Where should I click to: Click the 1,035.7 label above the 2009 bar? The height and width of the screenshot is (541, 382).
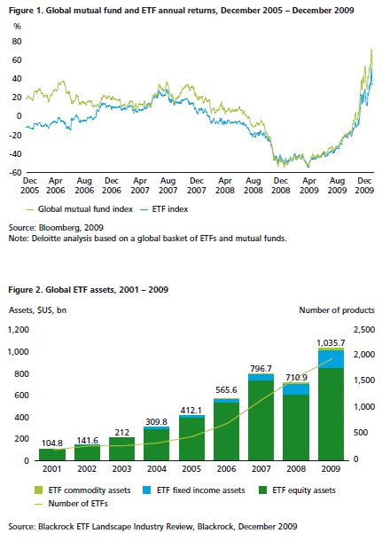click(331, 343)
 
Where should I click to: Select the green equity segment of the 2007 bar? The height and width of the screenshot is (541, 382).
click(261, 420)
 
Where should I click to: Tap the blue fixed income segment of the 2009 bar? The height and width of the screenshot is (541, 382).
click(331, 359)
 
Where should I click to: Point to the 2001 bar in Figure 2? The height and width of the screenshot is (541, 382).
click(52, 454)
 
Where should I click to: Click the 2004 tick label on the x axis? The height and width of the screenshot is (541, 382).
click(157, 469)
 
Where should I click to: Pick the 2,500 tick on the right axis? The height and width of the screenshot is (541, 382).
click(364, 330)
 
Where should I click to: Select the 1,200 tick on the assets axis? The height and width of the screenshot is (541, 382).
click(19, 330)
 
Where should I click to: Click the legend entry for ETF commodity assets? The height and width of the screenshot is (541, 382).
click(82, 490)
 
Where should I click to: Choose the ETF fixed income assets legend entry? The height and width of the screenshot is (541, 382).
click(193, 490)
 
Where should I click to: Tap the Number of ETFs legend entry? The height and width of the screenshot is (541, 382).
click(72, 504)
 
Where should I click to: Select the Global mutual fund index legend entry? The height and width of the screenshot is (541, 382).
click(80, 209)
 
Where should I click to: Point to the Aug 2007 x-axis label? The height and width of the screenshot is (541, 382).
click(168, 185)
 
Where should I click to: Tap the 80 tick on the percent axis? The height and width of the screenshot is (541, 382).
click(17, 42)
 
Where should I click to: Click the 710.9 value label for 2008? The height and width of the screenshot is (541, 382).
click(296, 378)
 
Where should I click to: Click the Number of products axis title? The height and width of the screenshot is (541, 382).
click(337, 310)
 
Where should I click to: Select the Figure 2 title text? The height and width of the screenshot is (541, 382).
click(89, 289)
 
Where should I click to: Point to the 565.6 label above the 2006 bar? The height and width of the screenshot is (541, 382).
click(226, 390)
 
